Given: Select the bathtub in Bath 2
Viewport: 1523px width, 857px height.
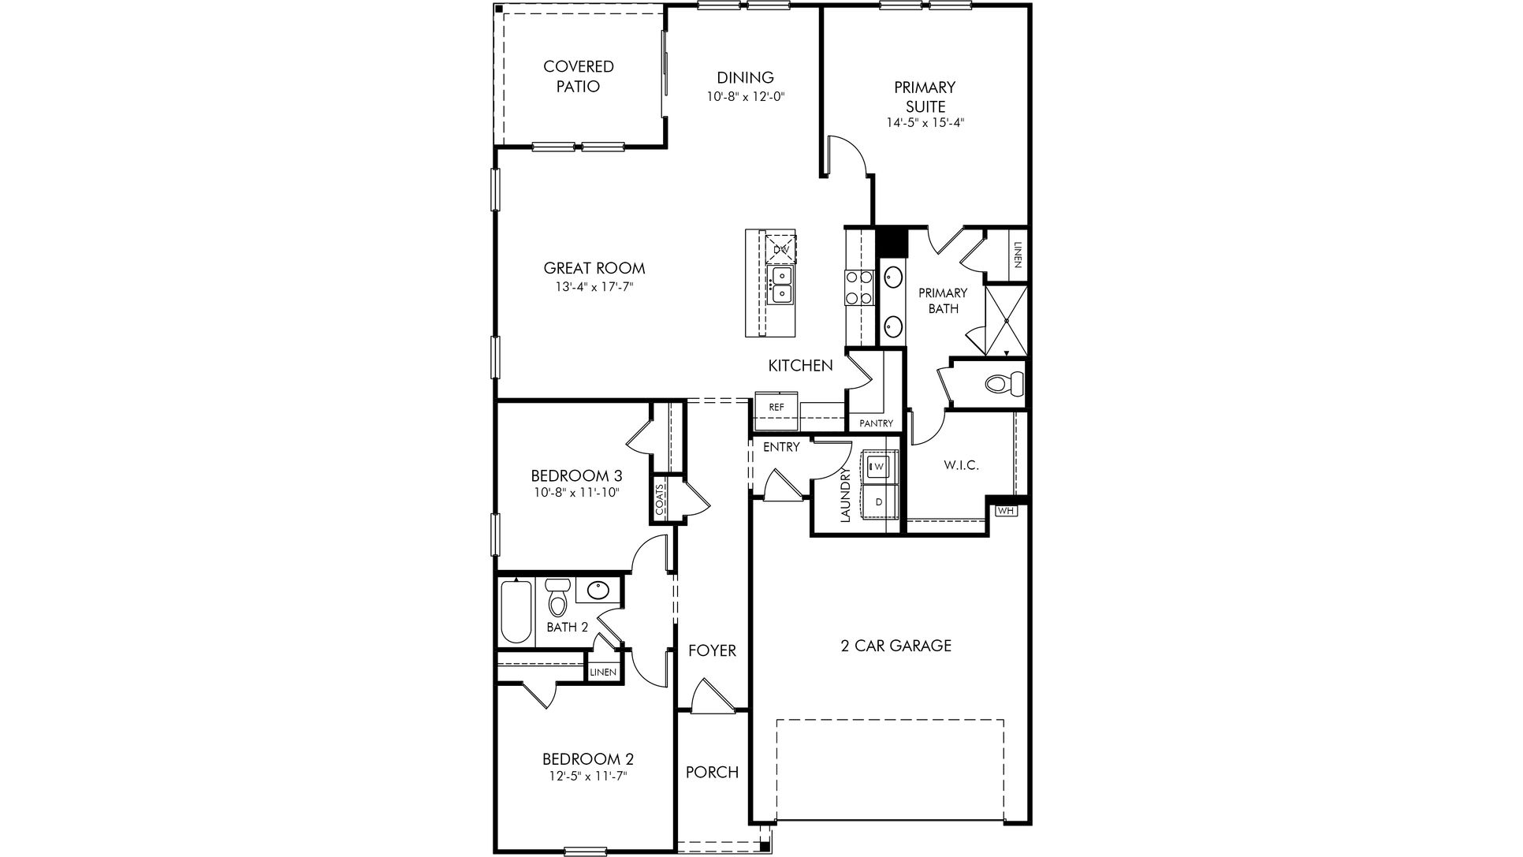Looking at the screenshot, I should [516, 613].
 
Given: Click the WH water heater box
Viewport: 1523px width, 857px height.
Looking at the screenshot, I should [1006, 511].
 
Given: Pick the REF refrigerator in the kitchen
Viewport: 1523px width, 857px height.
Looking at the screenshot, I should [776, 407].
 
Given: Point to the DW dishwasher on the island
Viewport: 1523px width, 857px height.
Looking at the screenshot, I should [781, 249].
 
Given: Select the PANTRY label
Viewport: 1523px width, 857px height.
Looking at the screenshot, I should [876, 423].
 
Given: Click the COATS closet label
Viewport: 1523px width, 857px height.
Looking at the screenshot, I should [660, 498].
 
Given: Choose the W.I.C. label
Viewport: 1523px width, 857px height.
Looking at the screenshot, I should [961, 465].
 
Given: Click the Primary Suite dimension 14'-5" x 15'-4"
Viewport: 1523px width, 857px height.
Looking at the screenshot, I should [925, 123].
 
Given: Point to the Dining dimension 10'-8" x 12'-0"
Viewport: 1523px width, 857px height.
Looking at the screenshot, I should [745, 96].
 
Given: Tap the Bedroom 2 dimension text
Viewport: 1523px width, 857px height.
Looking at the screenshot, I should [587, 776].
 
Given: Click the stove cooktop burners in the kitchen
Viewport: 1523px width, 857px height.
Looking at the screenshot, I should [858, 288].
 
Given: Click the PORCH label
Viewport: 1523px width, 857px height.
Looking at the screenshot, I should [712, 772].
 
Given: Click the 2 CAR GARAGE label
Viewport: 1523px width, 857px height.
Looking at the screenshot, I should [896, 646].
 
